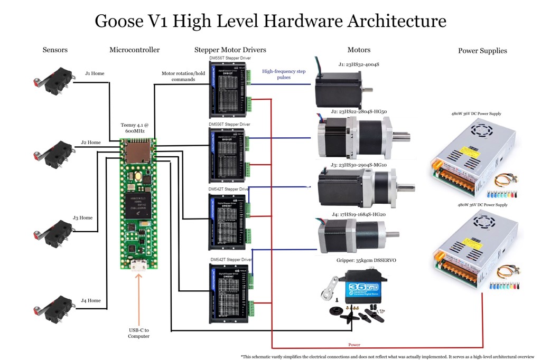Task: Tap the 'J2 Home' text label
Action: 90,143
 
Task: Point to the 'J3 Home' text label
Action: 82,217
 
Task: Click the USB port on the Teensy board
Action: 138,266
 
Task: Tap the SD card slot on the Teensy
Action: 138,152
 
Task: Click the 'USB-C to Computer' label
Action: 139,333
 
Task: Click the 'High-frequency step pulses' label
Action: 284,74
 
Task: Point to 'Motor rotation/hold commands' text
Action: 178,77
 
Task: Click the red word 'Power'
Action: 354,345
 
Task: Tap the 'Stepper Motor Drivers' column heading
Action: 230,50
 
